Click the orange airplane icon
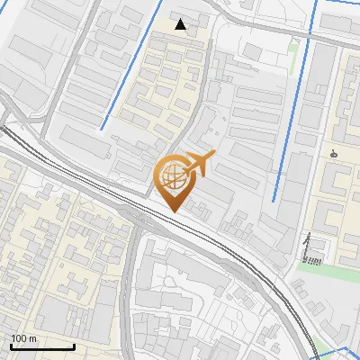tap(198, 165)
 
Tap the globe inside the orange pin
tap(172, 176)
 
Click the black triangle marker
tap(181, 24)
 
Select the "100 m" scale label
tap(24, 338)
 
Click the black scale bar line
tap(42, 346)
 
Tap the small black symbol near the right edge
tap(335, 152)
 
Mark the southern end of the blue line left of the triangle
tap(102, 128)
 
